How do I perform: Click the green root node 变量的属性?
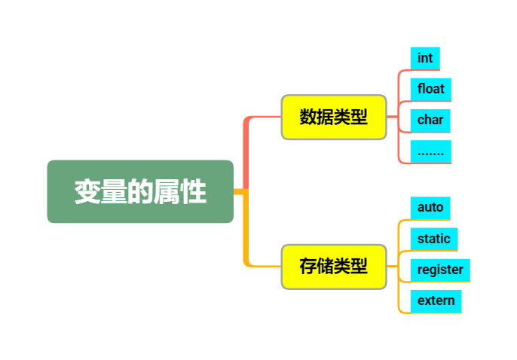(x=140, y=191)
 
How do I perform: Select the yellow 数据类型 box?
(x=334, y=117)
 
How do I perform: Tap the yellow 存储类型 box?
(x=334, y=266)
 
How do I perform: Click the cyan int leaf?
(x=425, y=58)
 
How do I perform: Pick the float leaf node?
(x=431, y=89)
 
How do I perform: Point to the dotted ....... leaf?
(x=431, y=151)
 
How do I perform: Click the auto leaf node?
(x=430, y=207)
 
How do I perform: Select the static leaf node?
(x=434, y=239)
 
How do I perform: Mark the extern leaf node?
(x=436, y=301)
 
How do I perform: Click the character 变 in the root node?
(x=87, y=192)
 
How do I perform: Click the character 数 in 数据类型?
(x=308, y=117)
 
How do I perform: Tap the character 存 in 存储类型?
(x=308, y=267)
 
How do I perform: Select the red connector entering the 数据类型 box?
(x=264, y=117)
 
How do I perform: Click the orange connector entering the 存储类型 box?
(x=264, y=266)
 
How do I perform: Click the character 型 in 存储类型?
(x=359, y=267)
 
